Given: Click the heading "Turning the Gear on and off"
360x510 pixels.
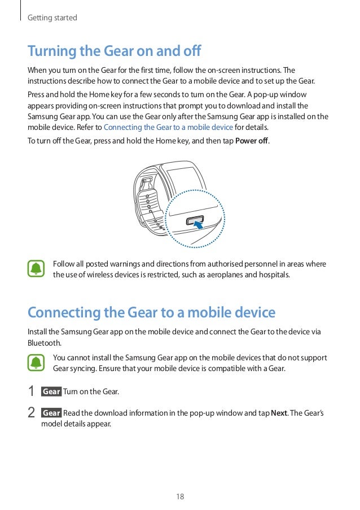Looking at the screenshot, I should click(x=115, y=51).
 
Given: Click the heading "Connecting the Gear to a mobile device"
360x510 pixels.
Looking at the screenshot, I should click(x=151, y=312).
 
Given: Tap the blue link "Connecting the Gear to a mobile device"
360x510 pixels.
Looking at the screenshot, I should click(x=168, y=127).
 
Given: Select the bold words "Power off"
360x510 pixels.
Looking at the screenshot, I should click(x=252, y=141).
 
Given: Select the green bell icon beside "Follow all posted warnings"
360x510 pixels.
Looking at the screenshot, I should click(x=37, y=269).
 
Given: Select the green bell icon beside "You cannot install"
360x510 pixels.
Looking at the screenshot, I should click(x=37, y=363).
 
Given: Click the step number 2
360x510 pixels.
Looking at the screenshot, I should click(x=32, y=413).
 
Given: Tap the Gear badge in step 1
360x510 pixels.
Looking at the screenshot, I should click(x=51, y=391).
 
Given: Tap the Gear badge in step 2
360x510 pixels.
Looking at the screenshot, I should click(x=51, y=413).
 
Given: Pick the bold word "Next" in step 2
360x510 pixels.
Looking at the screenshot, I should click(x=279, y=413).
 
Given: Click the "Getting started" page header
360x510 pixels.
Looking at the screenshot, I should click(x=52, y=18).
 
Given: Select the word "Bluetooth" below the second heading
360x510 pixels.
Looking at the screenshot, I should click(x=44, y=343).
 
